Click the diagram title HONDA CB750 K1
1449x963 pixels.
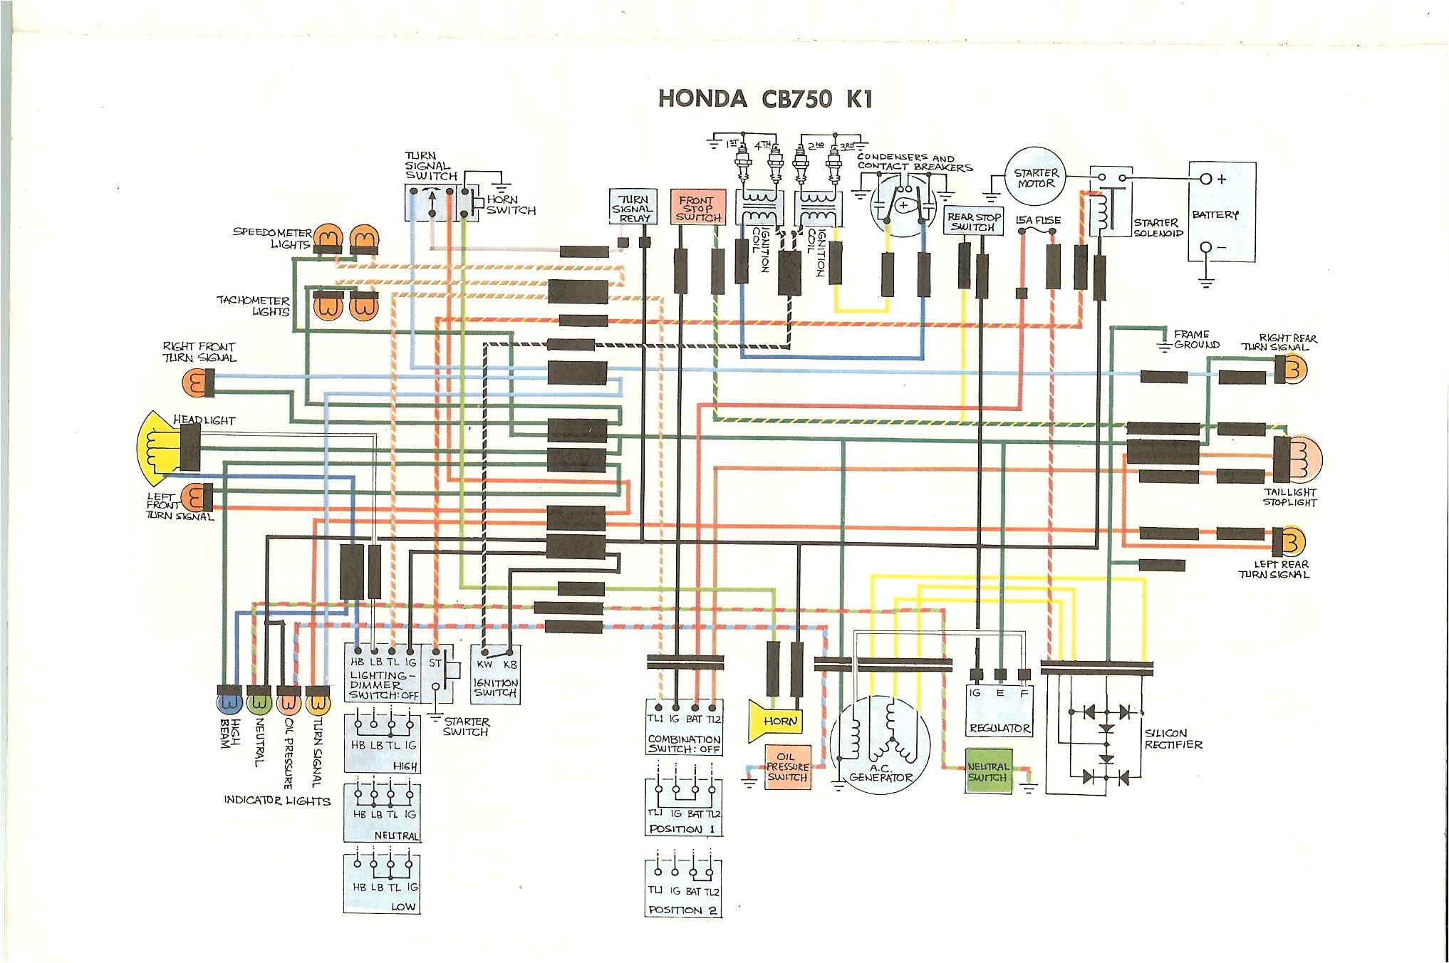click(x=764, y=98)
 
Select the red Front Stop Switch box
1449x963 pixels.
click(x=697, y=207)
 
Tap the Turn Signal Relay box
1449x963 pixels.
click(x=632, y=207)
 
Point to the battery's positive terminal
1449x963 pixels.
click(x=1205, y=179)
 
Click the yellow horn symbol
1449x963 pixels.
click(x=775, y=721)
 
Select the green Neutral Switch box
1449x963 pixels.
click(x=987, y=771)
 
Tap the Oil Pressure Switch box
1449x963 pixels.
click(x=787, y=767)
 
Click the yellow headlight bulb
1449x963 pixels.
click(x=158, y=445)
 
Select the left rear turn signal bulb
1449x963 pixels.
click(x=1290, y=542)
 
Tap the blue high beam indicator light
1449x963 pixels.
click(x=229, y=702)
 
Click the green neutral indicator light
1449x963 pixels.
click(x=259, y=702)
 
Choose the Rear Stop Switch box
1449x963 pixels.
click(x=974, y=222)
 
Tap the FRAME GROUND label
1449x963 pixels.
click(x=1196, y=339)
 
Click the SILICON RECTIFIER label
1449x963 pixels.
click(x=1173, y=739)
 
